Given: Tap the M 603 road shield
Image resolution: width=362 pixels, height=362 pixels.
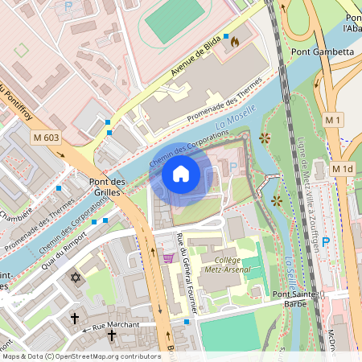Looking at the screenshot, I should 47,138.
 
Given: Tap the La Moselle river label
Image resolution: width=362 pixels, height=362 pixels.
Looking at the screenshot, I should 237,117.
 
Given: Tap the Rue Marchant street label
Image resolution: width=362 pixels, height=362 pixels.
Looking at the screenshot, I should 116,326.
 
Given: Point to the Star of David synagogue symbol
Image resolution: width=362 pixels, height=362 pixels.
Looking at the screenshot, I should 76,278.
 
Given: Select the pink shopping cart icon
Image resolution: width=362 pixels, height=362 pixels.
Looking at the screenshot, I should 168,258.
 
